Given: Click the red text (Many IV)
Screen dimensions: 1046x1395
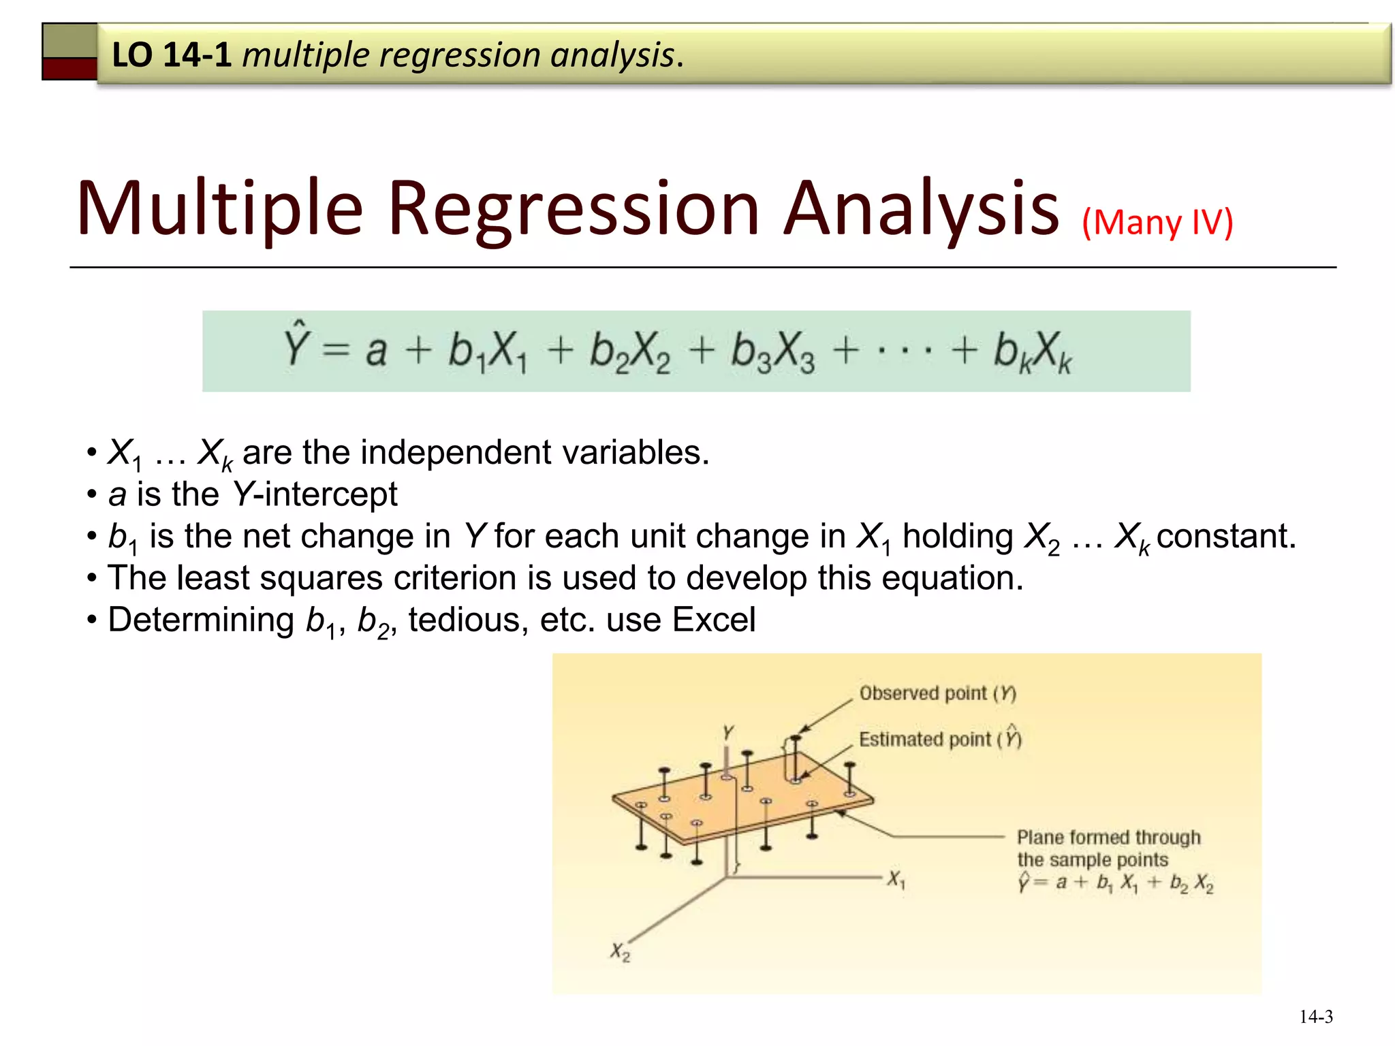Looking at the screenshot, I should point(1157,222).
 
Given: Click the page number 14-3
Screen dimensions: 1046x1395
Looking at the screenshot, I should point(1315,1017).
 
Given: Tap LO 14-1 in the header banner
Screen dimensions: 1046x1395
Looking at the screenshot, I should point(172,54).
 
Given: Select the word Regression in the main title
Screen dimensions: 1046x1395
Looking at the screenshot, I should point(573,208).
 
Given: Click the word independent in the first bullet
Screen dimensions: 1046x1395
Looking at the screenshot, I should point(456,452).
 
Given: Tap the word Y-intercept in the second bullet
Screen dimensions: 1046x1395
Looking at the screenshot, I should point(315,494).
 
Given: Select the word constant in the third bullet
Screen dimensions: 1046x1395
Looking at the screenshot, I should point(1225,536).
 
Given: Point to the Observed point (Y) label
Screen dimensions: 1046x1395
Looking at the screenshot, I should point(937,693).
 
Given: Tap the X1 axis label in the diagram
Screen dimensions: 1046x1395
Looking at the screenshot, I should point(896,879).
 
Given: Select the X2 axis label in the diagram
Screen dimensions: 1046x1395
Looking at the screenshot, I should point(620,951).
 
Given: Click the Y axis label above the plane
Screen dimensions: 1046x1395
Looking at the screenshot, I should point(728,733).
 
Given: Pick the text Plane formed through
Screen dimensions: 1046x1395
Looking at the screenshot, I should point(1108,837).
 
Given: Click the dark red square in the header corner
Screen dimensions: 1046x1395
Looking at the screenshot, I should point(69,69).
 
